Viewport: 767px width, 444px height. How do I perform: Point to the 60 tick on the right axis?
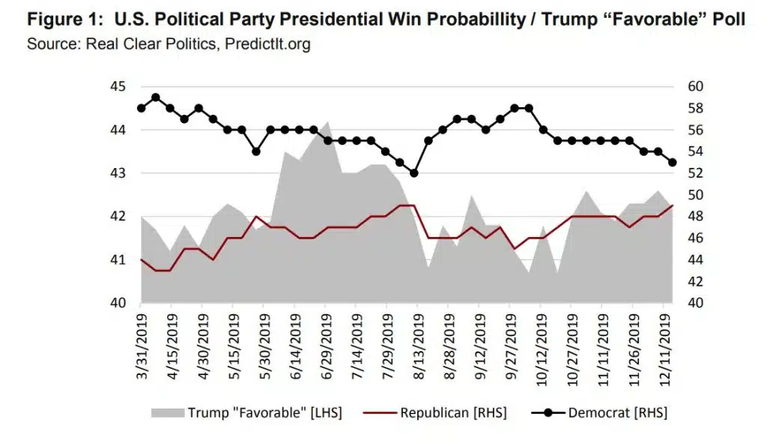click(x=695, y=86)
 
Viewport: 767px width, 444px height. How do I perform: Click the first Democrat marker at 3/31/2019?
click(x=141, y=108)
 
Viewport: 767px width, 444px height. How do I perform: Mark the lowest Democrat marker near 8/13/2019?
click(x=413, y=173)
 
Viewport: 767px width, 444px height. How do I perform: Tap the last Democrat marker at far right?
click(x=673, y=162)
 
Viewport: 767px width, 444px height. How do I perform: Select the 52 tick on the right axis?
click(x=695, y=173)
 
